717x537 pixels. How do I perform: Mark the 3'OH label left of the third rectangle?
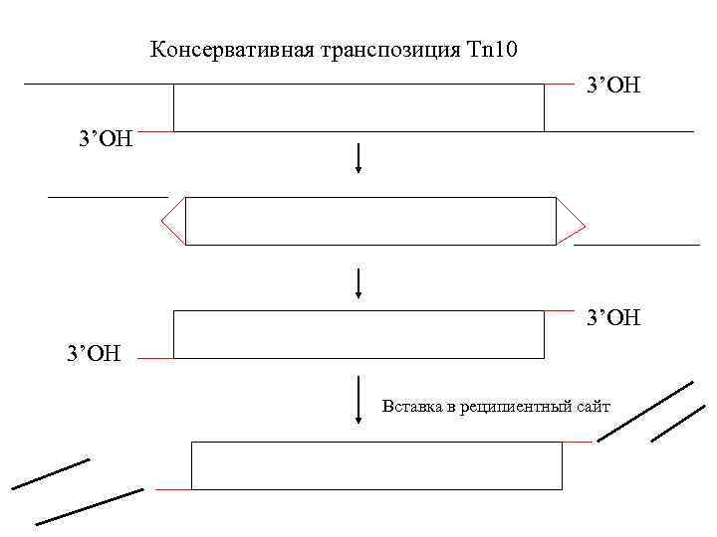pos(93,353)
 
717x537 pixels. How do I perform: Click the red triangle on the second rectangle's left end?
pos(173,221)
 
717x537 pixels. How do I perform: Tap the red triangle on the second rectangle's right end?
pos(570,221)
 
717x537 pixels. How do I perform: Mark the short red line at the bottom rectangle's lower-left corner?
pos(173,489)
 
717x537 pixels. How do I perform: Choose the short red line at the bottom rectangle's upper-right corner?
pos(578,442)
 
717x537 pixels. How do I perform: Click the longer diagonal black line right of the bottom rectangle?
pos(644,411)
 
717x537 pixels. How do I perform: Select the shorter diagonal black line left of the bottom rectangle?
pos(50,473)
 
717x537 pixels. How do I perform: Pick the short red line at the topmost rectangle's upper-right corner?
pos(559,85)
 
